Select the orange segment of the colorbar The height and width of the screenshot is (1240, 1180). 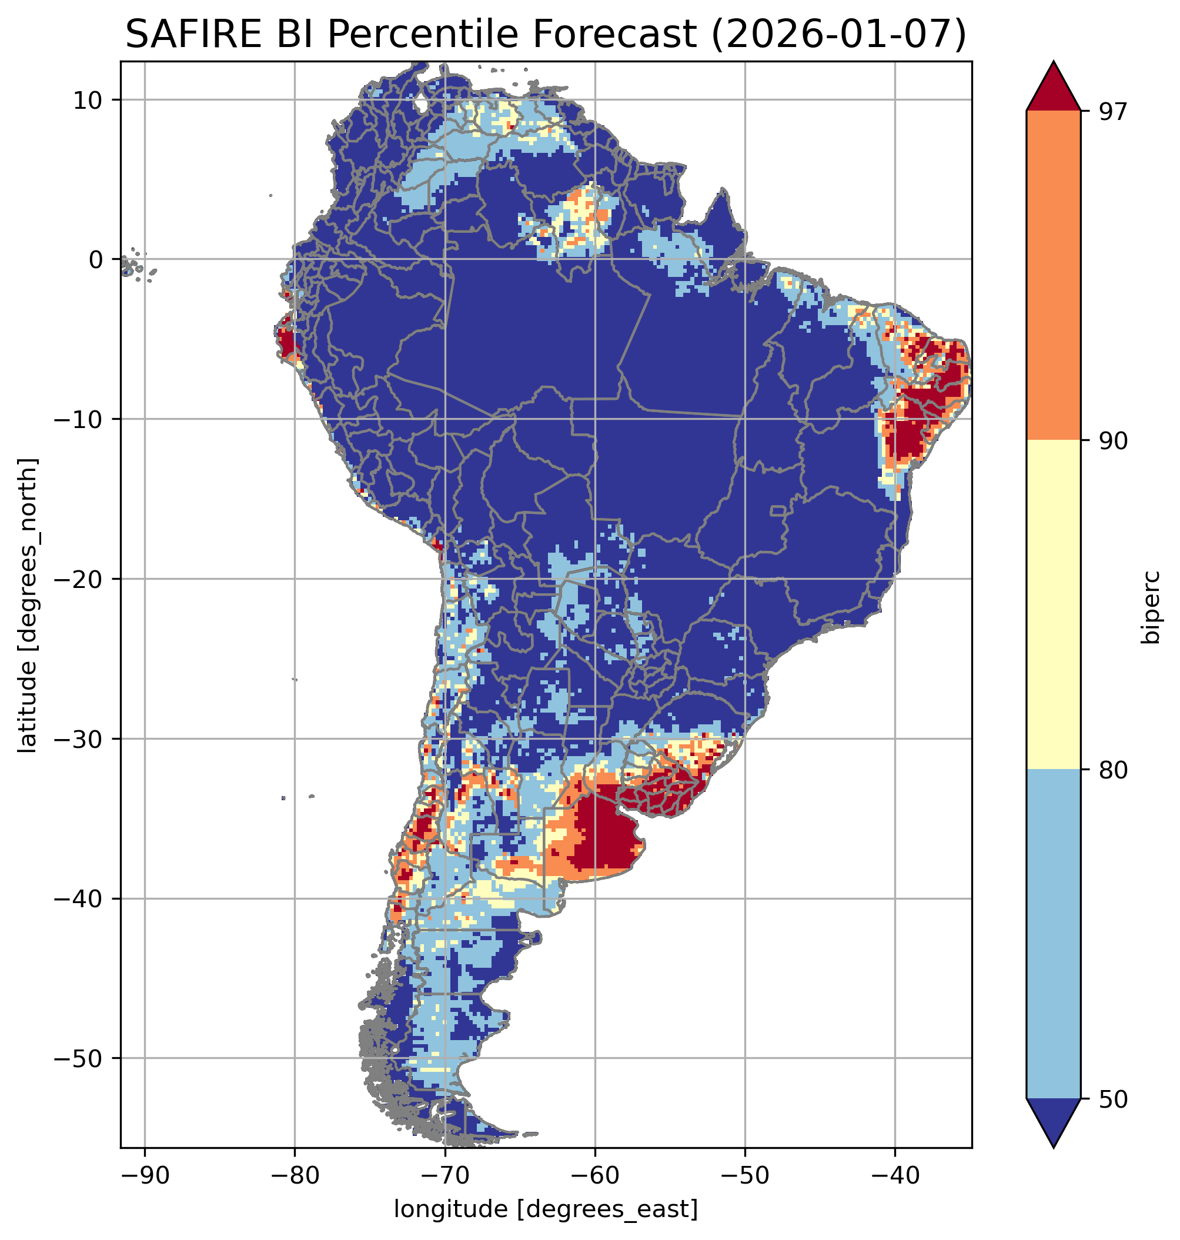pos(1053,276)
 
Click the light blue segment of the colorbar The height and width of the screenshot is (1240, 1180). pos(1053,934)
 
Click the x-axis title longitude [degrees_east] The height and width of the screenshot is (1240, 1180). pos(546,1208)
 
